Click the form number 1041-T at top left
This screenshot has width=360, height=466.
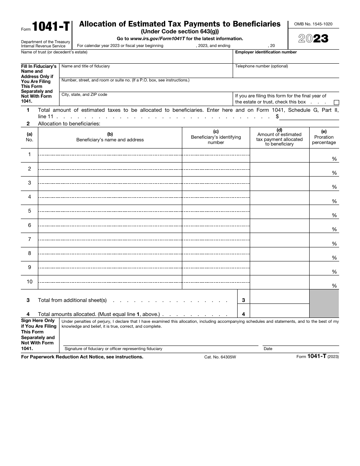(x=50, y=27)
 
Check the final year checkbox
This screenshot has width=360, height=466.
(x=336, y=102)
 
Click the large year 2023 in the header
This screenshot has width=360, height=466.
(x=313, y=39)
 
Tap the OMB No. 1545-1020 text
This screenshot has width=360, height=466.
(x=313, y=24)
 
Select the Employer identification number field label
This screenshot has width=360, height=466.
(x=266, y=52)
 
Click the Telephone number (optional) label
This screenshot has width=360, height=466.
(x=261, y=66)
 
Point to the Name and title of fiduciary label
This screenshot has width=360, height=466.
(x=86, y=66)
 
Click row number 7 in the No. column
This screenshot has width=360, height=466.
(x=30, y=239)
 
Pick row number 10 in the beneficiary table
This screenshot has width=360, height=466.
(x=30, y=281)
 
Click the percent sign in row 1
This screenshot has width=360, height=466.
(x=334, y=159)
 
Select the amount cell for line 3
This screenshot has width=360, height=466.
(x=279, y=297)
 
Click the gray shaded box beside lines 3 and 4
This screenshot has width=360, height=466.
(x=324, y=303)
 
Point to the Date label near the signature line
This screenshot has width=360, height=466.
(x=268, y=349)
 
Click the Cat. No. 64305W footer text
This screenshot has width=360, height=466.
(x=220, y=357)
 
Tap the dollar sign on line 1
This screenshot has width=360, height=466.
(x=277, y=116)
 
